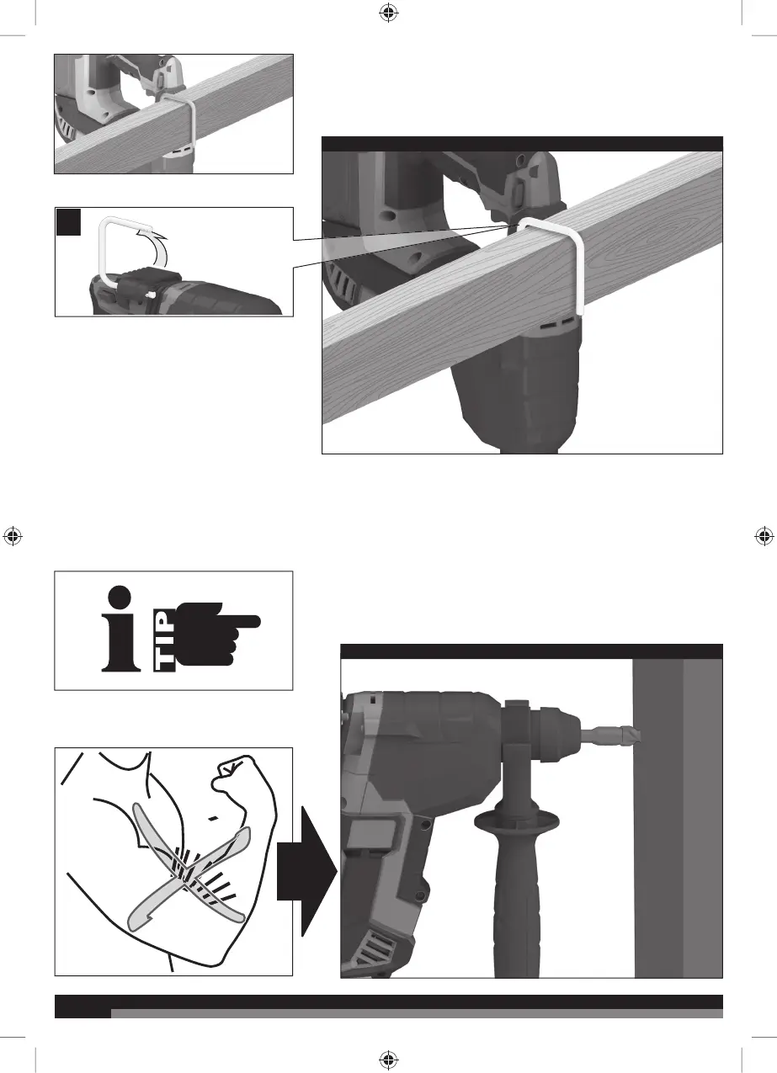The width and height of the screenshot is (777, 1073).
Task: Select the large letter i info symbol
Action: (121, 628)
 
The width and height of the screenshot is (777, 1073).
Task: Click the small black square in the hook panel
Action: (68, 222)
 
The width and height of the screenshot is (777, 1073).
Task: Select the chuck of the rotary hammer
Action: (555, 733)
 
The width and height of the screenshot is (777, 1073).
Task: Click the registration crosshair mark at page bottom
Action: (389, 1059)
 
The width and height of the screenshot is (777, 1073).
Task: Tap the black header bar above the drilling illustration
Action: (531, 651)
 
